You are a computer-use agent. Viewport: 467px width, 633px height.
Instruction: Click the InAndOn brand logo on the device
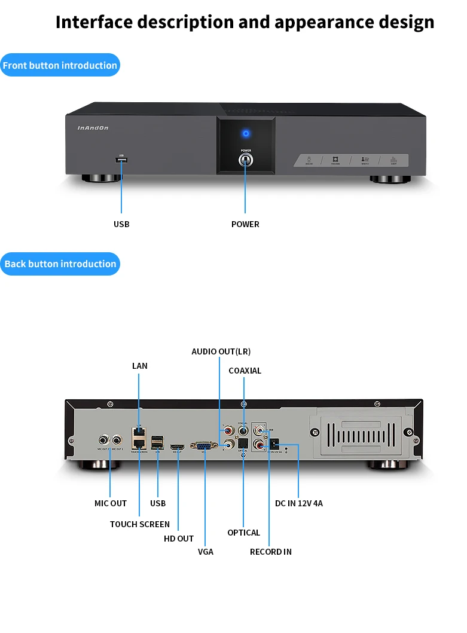point(93,127)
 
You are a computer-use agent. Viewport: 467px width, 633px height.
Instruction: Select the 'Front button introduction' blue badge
point(60,65)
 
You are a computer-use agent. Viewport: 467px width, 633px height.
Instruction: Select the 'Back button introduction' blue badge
point(60,264)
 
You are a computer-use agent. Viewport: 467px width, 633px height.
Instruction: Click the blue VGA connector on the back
point(203,445)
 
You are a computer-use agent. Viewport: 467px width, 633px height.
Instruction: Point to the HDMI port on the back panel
point(178,447)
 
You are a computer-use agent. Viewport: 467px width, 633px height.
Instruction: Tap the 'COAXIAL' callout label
point(245,371)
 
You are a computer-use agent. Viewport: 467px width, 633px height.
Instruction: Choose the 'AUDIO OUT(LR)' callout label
point(221,351)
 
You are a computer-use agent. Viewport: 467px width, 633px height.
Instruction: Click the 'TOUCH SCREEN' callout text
point(140,524)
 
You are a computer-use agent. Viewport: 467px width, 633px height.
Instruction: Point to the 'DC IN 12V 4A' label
point(298,503)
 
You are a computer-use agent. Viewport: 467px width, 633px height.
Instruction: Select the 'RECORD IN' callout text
point(271,552)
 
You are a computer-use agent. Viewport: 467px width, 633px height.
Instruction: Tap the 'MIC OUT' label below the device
point(111,503)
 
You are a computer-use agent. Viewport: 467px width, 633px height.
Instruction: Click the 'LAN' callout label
point(140,366)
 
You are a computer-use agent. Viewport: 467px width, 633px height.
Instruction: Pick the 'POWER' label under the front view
point(245,224)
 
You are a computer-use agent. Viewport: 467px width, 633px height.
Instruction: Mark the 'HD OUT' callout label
point(179,539)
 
